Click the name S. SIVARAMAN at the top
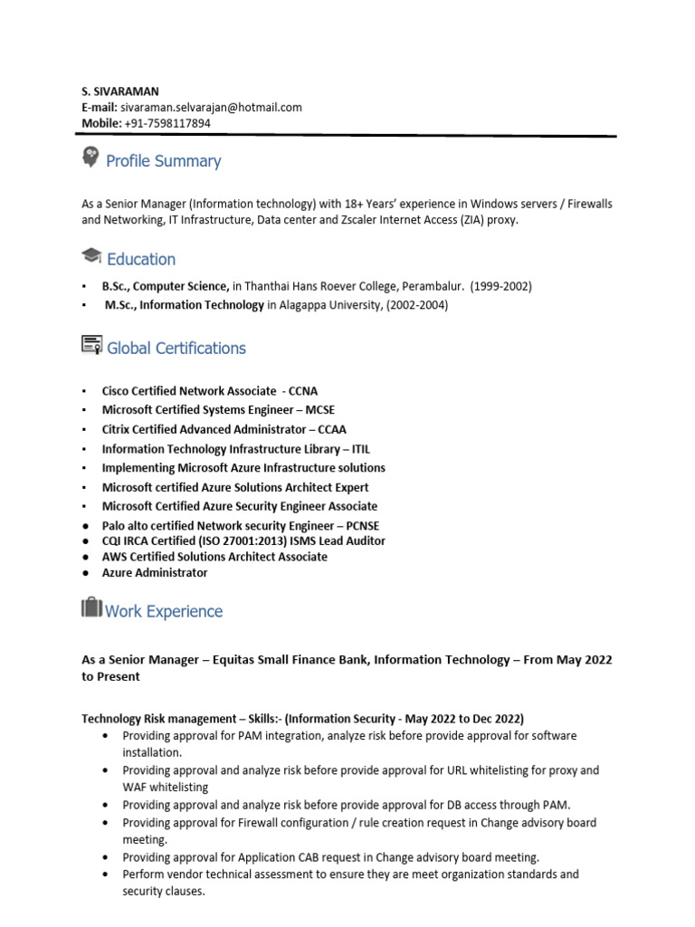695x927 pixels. click(x=120, y=91)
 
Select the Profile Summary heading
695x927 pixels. click(x=163, y=161)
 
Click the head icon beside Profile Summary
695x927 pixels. click(x=90, y=157)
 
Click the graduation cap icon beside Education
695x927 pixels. click(x=91, y=256)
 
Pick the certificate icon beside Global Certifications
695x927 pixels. click(x=91, y=344)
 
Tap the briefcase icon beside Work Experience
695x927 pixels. click(x=91, y=607)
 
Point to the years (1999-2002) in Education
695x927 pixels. click(x=500, y=286)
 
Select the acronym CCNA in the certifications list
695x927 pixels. click(x=302, y=391)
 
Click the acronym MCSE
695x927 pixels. click(x=319, y=410)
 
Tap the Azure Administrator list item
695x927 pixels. click(x=155, y=573)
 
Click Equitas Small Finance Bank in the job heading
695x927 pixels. click(x=288, y=660)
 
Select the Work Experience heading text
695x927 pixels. click(x=164, y=612)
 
